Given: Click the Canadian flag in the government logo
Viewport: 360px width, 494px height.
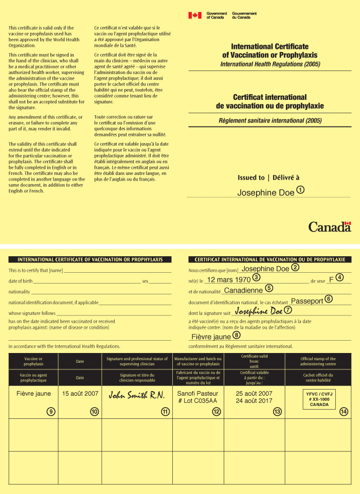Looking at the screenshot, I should (195, 15).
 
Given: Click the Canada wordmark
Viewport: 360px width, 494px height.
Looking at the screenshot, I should (329, 227).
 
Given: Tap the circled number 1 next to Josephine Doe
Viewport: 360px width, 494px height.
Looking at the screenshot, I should (300, 190).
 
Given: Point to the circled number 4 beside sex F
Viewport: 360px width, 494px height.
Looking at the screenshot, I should (340, 278).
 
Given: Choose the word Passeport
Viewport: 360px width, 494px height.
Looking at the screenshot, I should (307, 301).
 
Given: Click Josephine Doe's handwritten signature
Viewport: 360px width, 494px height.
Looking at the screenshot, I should (259, 311).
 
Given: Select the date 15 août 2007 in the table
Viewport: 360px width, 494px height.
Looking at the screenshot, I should (80, 394).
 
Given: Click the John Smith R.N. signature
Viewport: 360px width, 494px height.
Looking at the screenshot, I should (136, 395).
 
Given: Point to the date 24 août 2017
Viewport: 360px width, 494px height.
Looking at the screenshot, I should (254, 400).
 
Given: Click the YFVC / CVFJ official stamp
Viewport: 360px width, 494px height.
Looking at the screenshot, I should (319, 399).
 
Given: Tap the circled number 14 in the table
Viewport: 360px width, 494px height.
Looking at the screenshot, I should (344, 411).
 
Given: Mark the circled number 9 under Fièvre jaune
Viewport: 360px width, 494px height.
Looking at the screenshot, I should (51, 411).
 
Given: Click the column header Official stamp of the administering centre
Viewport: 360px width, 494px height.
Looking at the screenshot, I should (318, 361).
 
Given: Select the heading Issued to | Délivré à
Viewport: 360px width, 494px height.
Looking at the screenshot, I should (268, 178).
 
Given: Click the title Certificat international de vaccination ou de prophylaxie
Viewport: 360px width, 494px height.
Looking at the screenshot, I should (269, 101).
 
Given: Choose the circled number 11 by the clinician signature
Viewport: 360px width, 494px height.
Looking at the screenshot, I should (165, 411).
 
